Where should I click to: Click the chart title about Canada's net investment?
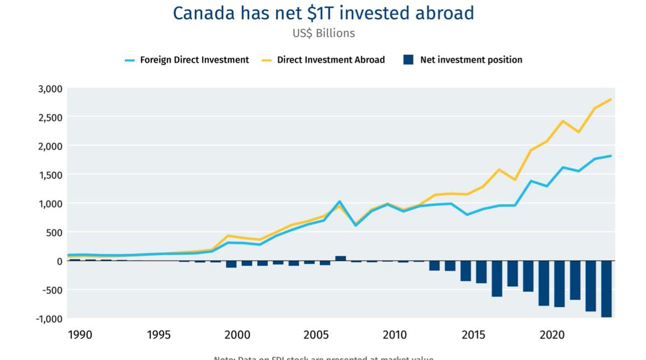[323, 13]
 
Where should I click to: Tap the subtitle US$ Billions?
[323, 33]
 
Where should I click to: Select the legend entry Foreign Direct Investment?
[194, 60]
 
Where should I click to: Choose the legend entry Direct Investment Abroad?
[331, 60]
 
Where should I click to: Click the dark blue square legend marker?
[408, 60]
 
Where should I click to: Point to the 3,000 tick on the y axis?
[50, 89]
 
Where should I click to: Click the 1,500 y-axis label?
[50, 175]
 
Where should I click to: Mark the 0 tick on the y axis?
[59, 261]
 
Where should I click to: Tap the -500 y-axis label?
[51, 290]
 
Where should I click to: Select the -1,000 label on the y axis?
[49, 319]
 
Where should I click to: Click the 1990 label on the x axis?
[80, 335]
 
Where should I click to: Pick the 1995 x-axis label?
[159, 335]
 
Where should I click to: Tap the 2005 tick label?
[316, 335]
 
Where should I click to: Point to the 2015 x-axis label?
[473, 335]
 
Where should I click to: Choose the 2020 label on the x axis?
[552, 335]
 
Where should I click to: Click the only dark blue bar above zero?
[340, 258]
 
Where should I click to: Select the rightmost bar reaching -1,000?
[607, 289]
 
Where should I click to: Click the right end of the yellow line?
[611, 100]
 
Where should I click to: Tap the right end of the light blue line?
[611, 156]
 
